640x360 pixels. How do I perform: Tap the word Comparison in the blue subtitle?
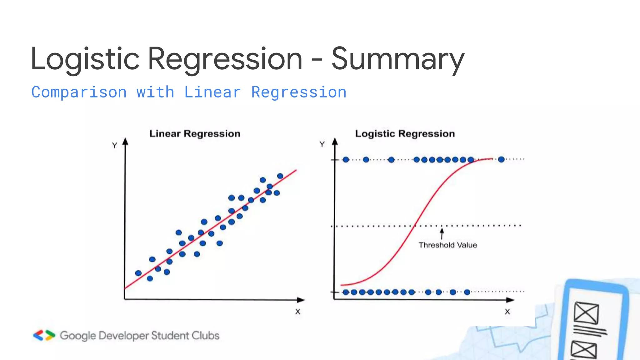point(79,92)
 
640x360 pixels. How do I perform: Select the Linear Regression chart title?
point(195,134)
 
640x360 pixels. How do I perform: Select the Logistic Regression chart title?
point(405,134)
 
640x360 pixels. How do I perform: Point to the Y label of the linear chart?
point(115,145)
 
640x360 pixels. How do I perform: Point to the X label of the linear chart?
point(297,312)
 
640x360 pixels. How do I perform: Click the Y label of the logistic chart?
point(322,144)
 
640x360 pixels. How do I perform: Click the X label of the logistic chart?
point(507,312)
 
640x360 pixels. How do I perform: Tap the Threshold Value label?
point(448,245)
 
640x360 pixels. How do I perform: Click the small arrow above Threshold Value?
point(442,233)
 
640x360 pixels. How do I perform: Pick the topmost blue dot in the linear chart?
point(280,176)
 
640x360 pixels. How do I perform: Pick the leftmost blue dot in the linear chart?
point(138,273)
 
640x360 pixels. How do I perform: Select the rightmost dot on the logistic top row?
point(501,160)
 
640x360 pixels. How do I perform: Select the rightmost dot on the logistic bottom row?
point(467,292)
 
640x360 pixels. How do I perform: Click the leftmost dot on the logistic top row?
point(346,160)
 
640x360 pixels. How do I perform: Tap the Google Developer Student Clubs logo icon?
point(44,335)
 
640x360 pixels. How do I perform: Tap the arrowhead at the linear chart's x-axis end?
point(301,300)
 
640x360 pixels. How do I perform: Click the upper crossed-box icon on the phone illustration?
point(586,313)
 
